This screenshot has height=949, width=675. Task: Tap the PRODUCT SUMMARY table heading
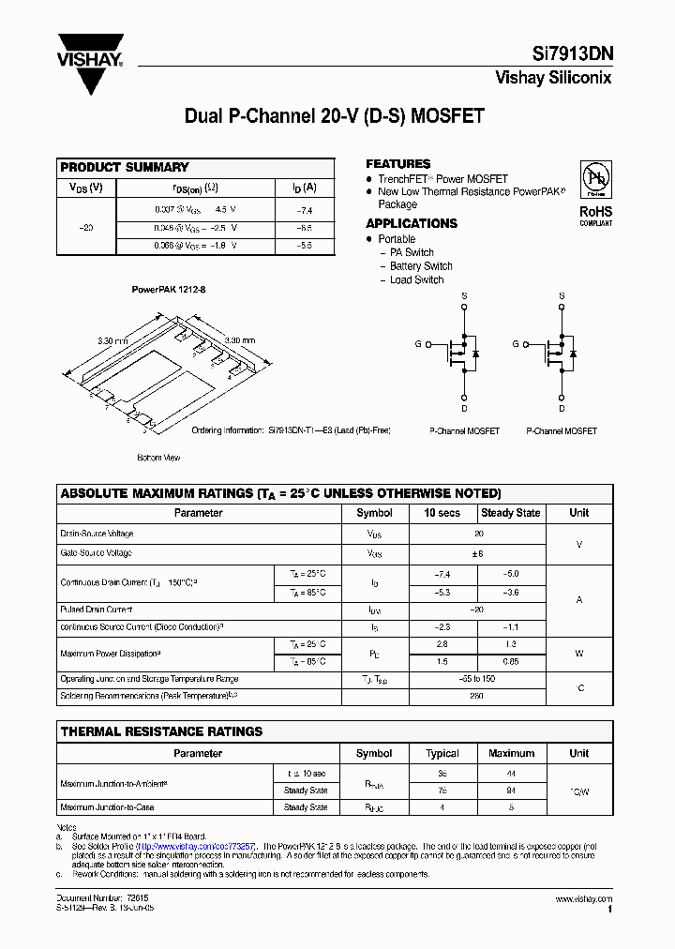(125, 167)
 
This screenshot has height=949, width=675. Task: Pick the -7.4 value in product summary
(303, 211)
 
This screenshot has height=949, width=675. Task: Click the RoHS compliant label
(595, 216)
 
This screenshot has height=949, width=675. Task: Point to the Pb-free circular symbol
(595, 179)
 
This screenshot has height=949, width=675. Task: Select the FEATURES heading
(397, 163)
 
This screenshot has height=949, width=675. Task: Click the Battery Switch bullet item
(421, 266)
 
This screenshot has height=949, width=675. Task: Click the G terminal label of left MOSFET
(418, 345)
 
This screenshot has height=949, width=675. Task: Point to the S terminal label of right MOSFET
(562, 295)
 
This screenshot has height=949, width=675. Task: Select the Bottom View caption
(158, 458)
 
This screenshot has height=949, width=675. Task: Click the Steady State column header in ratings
(510, 513)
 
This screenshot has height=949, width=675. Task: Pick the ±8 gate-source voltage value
(478, 553)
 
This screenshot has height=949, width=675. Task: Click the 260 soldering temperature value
(478, 697)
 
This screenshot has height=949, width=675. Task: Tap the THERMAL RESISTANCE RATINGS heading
(161, 731)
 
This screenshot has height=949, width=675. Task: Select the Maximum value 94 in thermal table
(511, 790)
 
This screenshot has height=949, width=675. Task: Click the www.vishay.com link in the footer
(583, 899)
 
